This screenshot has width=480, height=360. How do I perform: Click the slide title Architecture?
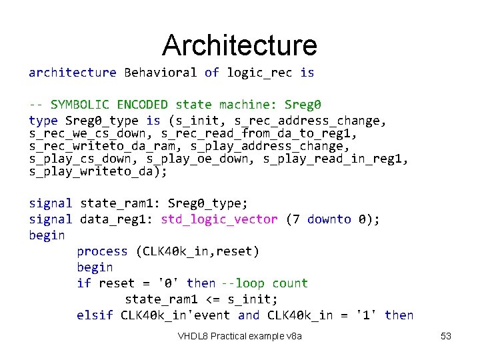point(239,45)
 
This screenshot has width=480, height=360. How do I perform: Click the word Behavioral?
point(161,72)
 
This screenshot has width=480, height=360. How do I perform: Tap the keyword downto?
point(329,219)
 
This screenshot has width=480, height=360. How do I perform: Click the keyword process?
point(102,251)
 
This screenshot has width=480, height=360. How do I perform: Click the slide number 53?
point(446,336)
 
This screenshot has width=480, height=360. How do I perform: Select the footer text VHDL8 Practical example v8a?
point(240,336)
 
